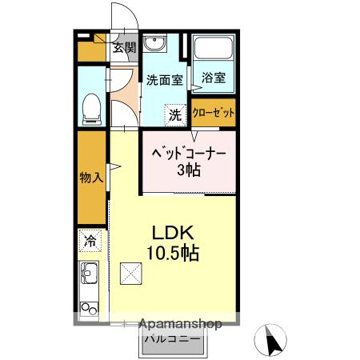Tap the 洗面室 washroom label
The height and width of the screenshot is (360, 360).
(x=164, y=79)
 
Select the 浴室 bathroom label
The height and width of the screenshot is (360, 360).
(x=213, y=78)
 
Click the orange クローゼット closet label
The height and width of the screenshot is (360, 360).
(x=214, y=112)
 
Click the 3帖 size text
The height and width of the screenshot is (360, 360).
(x=189, y=170)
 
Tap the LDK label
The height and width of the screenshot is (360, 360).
(x=173, y=232)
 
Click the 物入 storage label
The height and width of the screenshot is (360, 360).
(x=91, y=177)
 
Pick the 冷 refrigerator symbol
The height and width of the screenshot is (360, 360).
(x=90, y=239)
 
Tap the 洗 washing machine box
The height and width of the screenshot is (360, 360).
(x=174, y=114)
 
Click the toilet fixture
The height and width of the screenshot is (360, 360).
(x=91, y=107)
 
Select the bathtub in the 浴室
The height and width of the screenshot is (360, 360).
(x=214, y=52)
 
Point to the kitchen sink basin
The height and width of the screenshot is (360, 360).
(x=89, y=274)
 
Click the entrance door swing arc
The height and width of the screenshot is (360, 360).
(x=119, y=16)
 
